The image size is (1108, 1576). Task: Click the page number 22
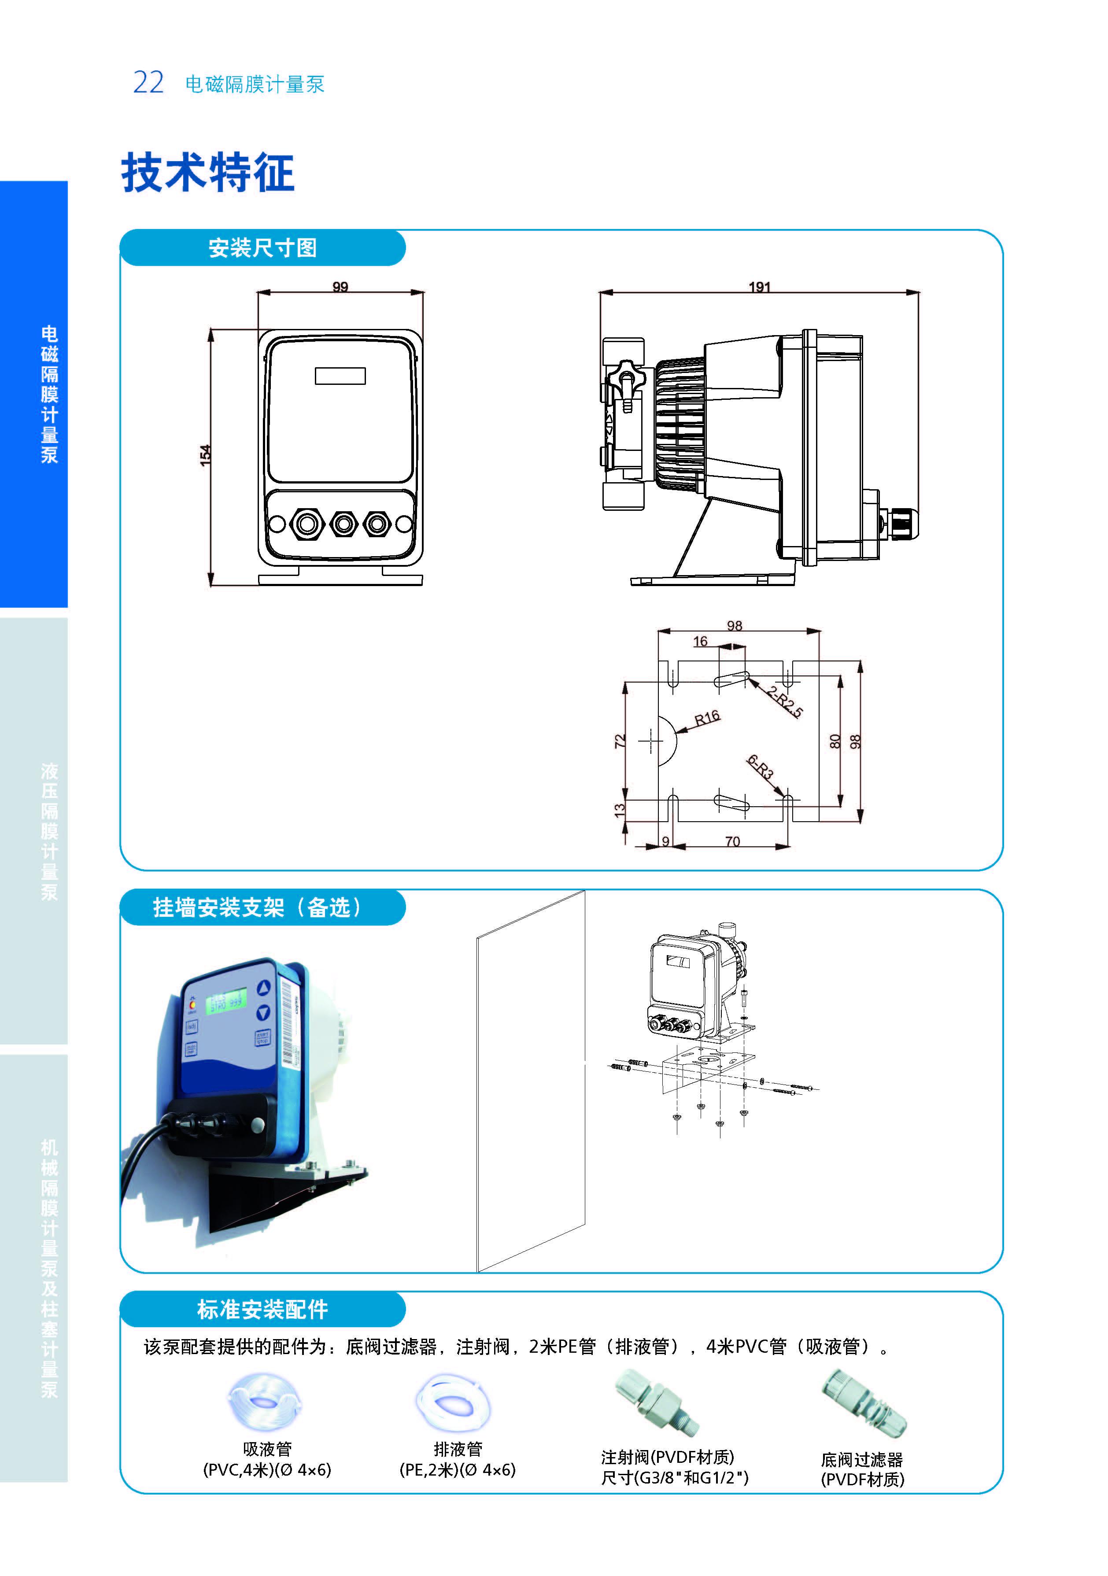pos(148,83)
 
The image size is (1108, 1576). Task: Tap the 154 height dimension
pos(205,456)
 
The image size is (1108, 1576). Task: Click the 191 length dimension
pos(759,287)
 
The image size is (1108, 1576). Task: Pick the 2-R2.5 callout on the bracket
pos(784,701)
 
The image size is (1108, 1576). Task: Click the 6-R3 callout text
pos(761,767)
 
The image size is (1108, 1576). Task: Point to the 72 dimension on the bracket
pos(620,742)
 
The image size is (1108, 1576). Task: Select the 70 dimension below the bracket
pos(732,842)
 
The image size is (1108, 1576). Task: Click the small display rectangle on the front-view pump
pos(340,376)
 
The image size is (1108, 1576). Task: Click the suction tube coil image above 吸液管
pos(264,1400)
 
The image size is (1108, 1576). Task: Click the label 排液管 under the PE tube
pos(458,1449)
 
